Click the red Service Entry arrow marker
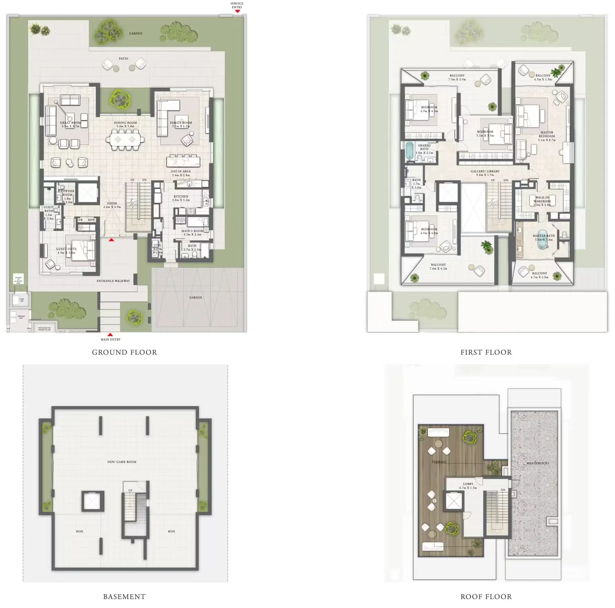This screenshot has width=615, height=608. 237,11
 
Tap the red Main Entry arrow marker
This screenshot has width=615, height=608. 110,335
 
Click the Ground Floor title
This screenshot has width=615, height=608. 124,352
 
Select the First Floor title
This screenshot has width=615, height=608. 486,352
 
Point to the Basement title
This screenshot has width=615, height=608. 124,597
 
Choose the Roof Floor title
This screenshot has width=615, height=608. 486,597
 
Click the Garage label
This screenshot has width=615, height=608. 196,297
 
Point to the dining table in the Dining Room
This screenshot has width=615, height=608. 125,140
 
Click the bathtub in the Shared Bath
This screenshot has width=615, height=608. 410,151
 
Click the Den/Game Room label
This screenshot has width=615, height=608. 122,462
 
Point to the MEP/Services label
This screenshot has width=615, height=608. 537,463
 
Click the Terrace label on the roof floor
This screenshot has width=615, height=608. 439,462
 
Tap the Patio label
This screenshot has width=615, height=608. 124,59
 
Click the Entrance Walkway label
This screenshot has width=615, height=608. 113,281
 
